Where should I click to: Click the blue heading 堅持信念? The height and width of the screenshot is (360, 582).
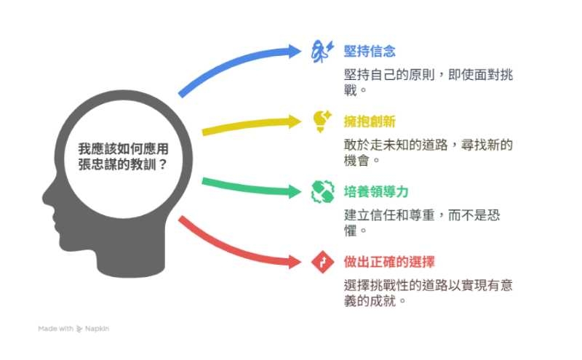(370, 51)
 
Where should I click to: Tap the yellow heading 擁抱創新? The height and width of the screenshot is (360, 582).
(370, 121)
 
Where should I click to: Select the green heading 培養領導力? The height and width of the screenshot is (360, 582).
(376, 191)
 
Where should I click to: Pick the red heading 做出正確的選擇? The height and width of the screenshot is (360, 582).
(389, 262)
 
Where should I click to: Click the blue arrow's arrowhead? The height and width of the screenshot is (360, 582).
(295, 51)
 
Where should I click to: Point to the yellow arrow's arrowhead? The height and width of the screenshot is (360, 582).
(295, 121)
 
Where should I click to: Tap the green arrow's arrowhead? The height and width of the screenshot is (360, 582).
(295, 191)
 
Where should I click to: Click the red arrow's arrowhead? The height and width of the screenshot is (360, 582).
(295, 262)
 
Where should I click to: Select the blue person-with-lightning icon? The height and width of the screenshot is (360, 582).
(322, 51)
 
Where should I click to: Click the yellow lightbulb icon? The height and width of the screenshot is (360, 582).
(322, 121)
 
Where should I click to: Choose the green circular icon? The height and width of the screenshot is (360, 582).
(322, 191)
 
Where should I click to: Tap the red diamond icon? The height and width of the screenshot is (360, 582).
(322, 262)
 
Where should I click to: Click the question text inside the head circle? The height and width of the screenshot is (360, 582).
(123, 156)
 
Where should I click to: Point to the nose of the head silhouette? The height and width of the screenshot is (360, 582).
(46, 197)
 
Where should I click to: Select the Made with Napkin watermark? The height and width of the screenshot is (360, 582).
(73, 329)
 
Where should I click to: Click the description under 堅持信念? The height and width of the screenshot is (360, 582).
(428, 82)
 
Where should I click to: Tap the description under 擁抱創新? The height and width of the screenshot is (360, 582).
(428, 153)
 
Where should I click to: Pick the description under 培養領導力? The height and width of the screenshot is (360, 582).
(422, 223)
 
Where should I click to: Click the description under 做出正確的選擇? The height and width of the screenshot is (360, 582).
(428, 293)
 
